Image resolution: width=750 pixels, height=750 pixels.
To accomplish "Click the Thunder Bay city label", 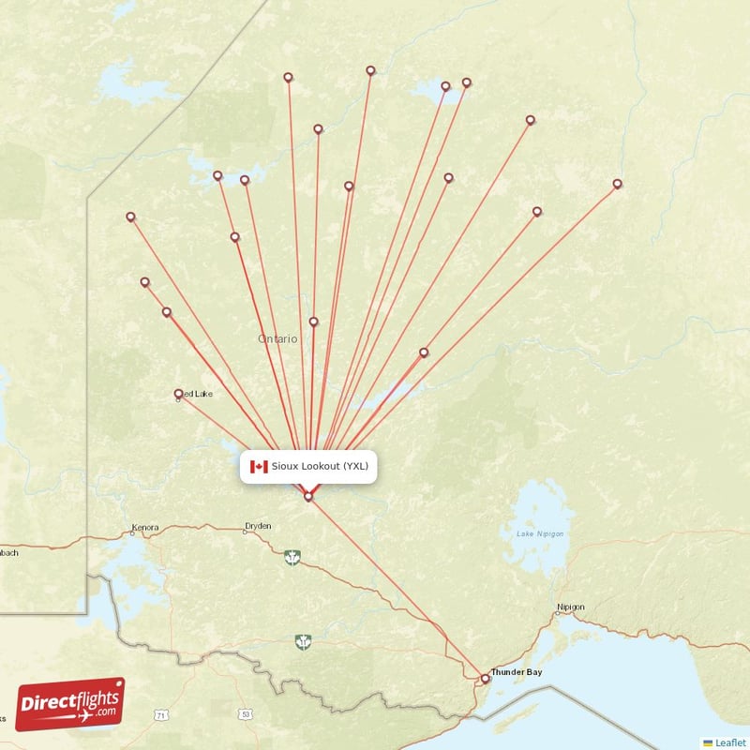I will (x=517, y=672).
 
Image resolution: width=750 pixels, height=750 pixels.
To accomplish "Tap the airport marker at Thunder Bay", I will (x=485, y=678).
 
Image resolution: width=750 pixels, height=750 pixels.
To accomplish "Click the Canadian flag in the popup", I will (x=259, y=466).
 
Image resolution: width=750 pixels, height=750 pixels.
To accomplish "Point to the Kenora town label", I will (x=145, y=527).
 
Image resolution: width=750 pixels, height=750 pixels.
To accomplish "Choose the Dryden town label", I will (x=258, y=526).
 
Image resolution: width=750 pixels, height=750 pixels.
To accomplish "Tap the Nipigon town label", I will (x=570, y=607).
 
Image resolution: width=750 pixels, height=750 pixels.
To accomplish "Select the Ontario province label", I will (x=278, y=338).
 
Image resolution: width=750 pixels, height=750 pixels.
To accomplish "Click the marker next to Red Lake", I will (x=178, y=394).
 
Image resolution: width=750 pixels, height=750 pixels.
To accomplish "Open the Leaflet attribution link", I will (x=729, y=742).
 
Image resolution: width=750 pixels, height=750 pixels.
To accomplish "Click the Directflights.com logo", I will (x=70, y=704).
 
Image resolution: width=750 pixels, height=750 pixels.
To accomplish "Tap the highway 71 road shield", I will (x=161, y=715).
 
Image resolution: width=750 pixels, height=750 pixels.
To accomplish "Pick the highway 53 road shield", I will (x=246, y=714).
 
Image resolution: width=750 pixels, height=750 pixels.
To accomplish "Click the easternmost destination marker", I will (x=617, y=184).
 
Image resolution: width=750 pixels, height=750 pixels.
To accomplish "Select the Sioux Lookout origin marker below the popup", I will (x=307, y=496).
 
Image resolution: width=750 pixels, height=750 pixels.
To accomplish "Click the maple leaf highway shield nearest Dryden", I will (x=292, y=558).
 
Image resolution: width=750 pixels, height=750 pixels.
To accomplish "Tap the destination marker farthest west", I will (x=130, y=217).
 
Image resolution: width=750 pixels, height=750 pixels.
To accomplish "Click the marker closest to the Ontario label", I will (x=313, y=322).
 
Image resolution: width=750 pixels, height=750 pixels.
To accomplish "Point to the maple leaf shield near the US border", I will (x=302, y=641).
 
